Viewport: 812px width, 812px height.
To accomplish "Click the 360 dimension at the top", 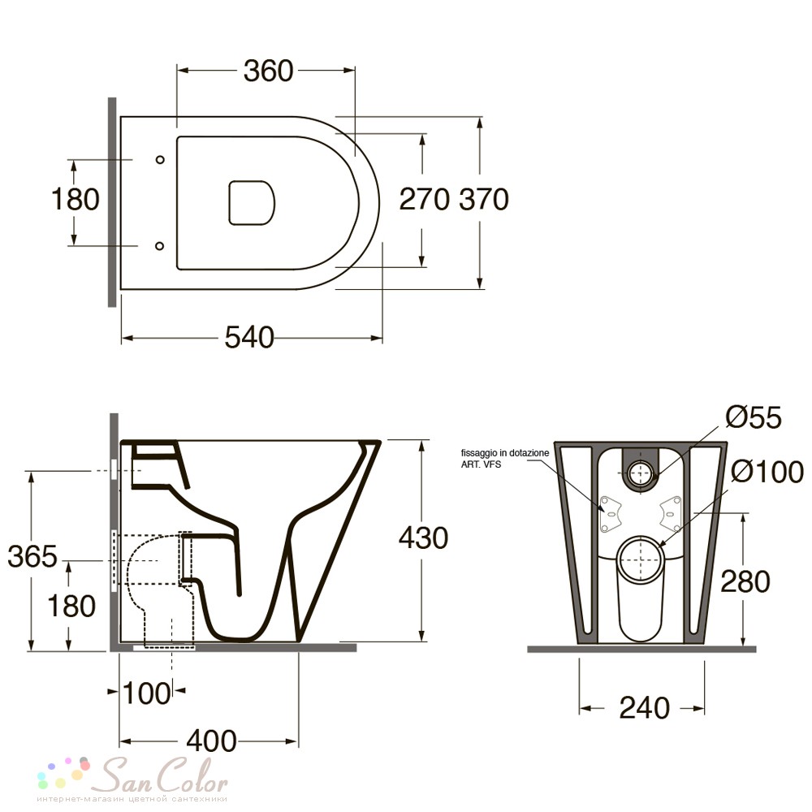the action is (268, 71).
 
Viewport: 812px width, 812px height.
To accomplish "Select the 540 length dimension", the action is (249, 338).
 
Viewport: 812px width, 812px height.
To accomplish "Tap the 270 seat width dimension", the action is (424, 200).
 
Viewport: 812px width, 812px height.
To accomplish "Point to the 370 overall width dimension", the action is (484, 200).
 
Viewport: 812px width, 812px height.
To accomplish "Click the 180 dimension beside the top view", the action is (75, 200).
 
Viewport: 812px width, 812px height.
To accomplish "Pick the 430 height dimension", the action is (423, 538).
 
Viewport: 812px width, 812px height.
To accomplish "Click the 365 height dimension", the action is (32, 557).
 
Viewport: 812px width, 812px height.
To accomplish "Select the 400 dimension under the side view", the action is (211, 741).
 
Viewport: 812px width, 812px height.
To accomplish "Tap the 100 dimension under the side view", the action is (146, 693).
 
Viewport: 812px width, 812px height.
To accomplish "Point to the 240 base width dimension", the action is (644, 708).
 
